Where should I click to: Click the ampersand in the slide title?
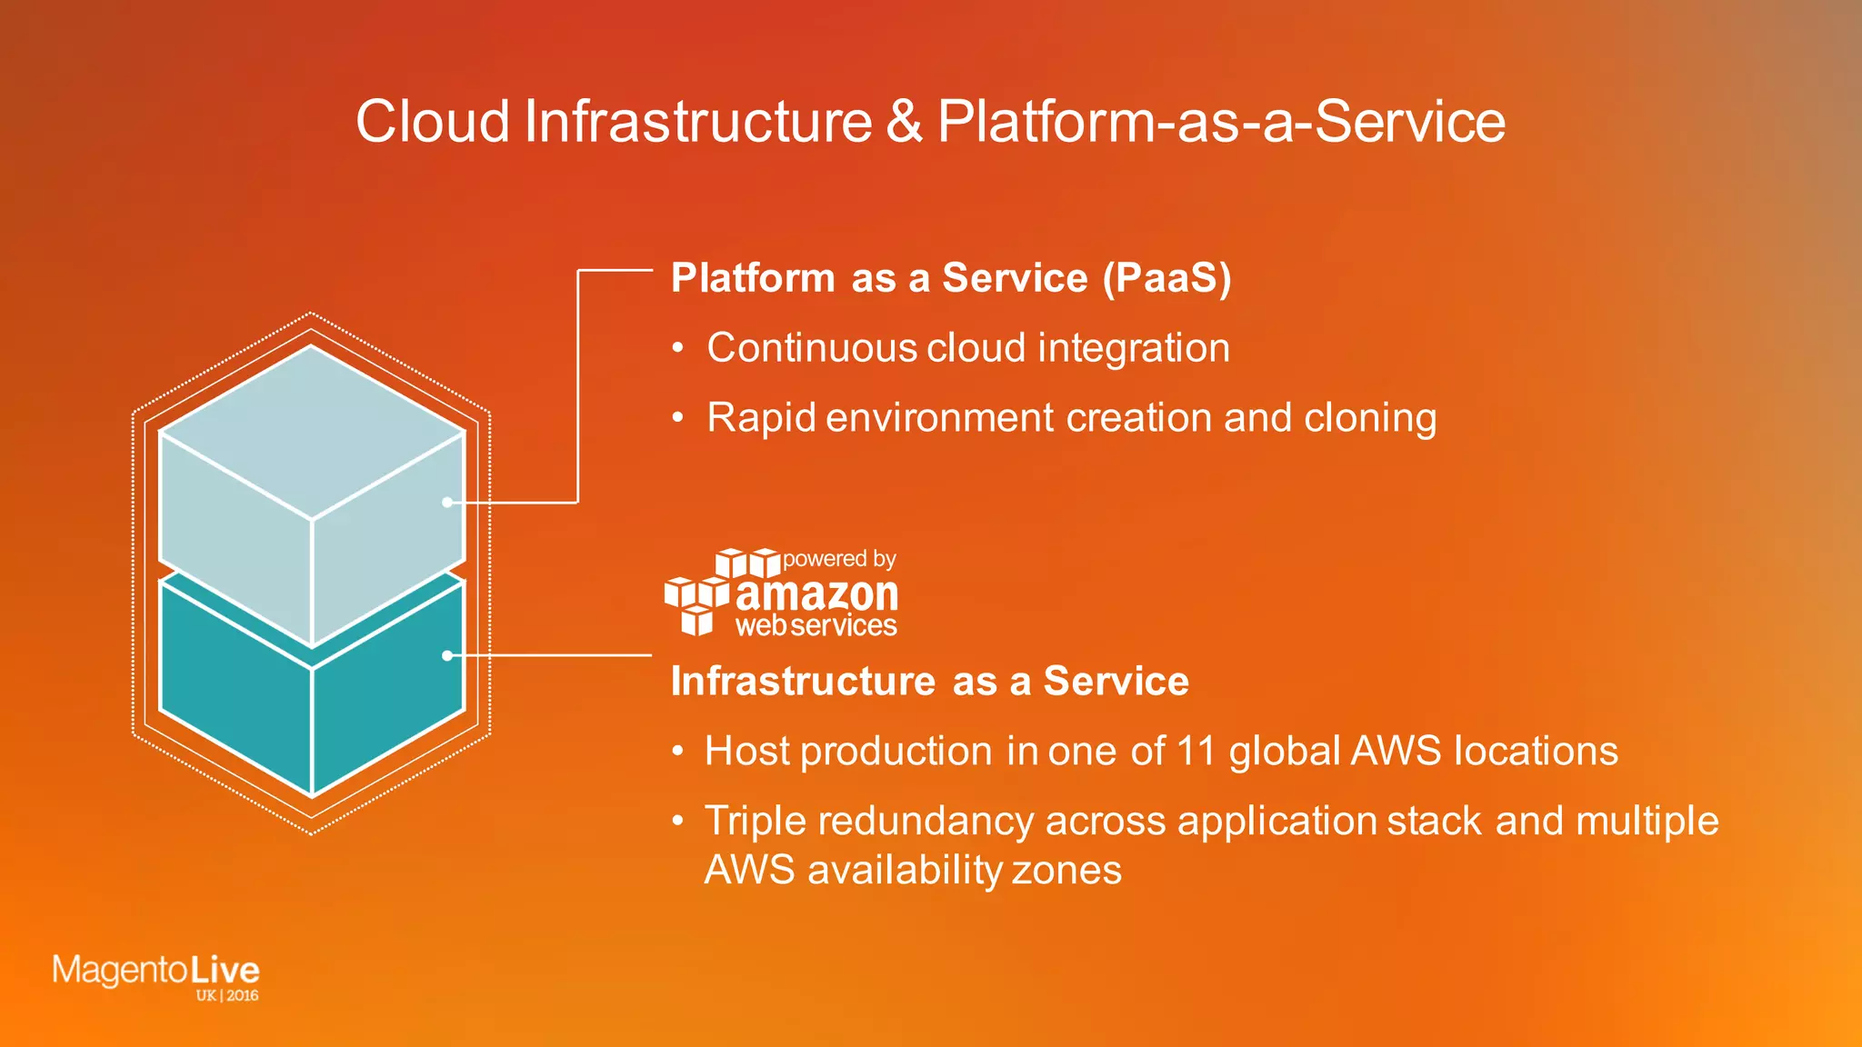904,122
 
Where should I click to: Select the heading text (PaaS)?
1166,278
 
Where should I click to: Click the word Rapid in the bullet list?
761,418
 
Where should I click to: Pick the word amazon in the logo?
816,594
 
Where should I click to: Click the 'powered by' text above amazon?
838,559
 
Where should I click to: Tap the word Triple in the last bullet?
755,822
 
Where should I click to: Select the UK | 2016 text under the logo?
226,995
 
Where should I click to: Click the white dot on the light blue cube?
446,502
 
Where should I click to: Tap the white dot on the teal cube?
446,655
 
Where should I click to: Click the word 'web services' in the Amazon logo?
816,626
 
